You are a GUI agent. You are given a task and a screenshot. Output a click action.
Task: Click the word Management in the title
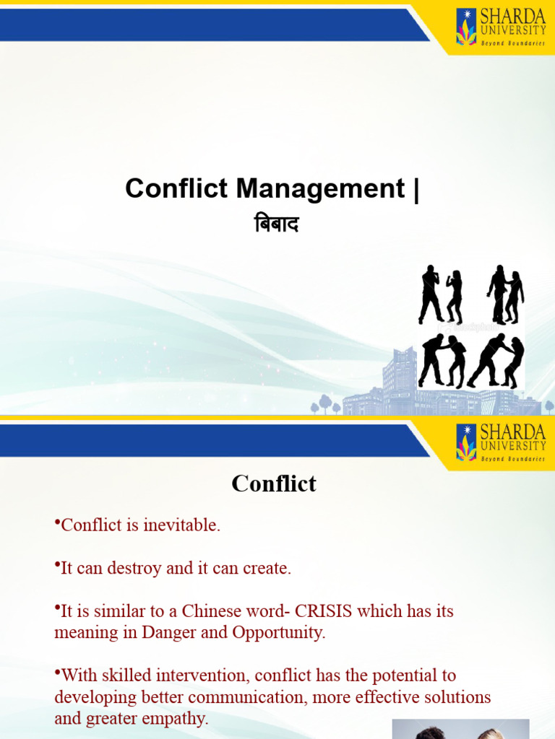tap(321, 189)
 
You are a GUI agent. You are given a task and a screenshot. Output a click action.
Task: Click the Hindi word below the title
tap(277, 225)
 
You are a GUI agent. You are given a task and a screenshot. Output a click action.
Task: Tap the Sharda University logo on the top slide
tap(500, 27)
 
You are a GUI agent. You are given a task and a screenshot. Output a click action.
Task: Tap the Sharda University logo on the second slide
tap(500, 442)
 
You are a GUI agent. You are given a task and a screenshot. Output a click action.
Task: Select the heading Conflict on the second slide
tap(274, 484)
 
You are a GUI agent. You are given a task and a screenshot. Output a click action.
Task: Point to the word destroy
tap(135, 568)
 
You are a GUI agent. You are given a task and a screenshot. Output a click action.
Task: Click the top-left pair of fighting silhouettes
tap(440, 295)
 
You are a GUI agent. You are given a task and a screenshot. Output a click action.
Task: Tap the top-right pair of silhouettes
tap(505, 295)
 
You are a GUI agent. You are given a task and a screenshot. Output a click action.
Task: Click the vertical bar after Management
tap(415, 189)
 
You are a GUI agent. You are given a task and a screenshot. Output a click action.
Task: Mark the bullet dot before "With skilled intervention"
tap(57, 673)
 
